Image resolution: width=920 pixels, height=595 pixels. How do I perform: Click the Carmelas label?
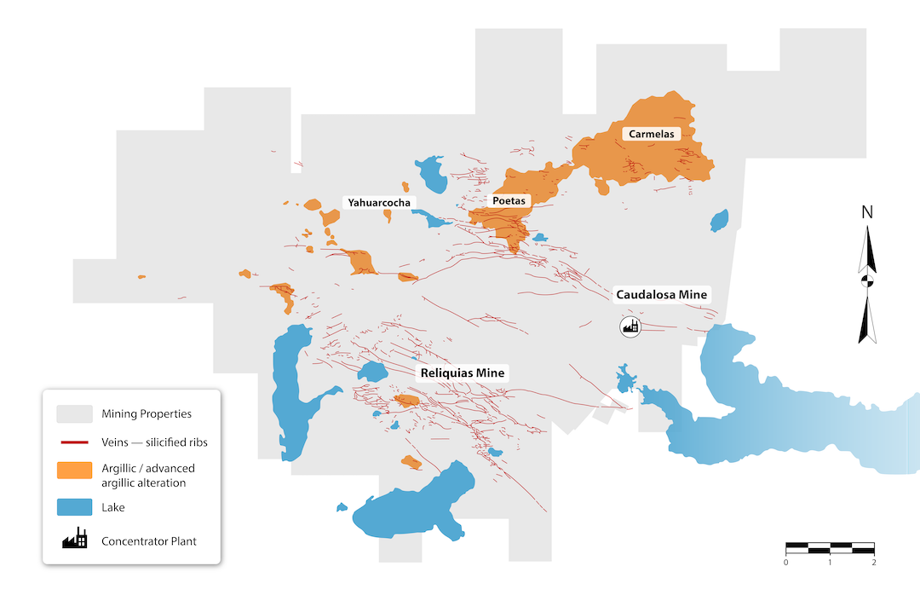[x=652, y=134]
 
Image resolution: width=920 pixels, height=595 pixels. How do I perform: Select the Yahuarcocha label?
[x=378, y=202]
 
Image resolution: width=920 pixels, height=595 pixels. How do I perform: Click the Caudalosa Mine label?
[x=661, y=295]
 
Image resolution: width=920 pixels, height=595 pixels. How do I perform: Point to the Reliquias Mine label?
[x=461, y=373]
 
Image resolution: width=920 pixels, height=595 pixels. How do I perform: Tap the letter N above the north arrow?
[x=867, y=212]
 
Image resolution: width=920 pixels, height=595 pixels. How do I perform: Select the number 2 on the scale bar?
[x=875, y=562]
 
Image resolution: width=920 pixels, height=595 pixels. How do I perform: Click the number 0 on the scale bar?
[x=785, y=562]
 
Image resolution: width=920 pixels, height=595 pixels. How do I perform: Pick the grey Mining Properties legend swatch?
[x=74, y=414]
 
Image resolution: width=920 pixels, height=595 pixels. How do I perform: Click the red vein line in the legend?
[x=74, y=442]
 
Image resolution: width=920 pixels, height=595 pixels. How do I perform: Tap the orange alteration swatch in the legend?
[x=74, y=471]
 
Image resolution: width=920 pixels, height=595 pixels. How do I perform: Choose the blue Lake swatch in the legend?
[x=74, y=507]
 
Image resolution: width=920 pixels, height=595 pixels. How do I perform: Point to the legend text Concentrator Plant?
[x=149, y=540]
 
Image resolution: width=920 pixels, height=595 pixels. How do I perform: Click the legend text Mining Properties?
[x=146, y=414]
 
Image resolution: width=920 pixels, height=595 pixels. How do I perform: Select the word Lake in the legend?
[x=113, y=507]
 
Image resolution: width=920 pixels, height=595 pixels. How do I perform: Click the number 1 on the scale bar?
[x=830, y=562]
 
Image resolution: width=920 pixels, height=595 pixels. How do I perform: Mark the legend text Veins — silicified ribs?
[x=154, y=442]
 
